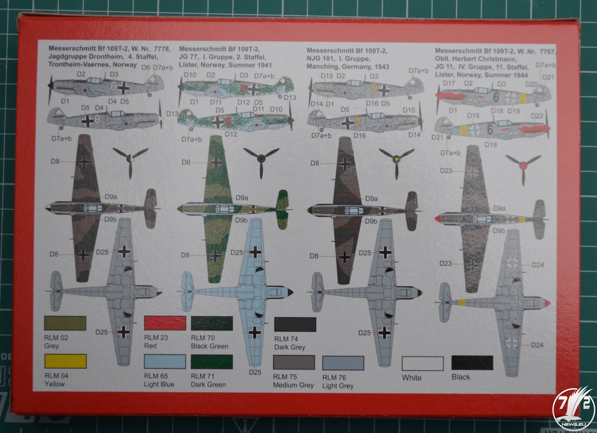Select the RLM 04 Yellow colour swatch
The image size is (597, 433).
[65, 361]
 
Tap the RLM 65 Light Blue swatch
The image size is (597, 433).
[165, 362]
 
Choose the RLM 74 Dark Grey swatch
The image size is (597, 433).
[295, 325]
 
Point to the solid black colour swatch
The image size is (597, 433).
[472, 363]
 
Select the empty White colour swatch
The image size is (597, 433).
[422, 364]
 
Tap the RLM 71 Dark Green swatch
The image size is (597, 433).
[212, 362]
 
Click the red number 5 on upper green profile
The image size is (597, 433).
[243, 89]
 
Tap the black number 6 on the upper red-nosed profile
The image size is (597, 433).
[496, 97]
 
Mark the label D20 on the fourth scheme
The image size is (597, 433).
[531, 84]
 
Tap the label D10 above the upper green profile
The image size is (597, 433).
[190, 75]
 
